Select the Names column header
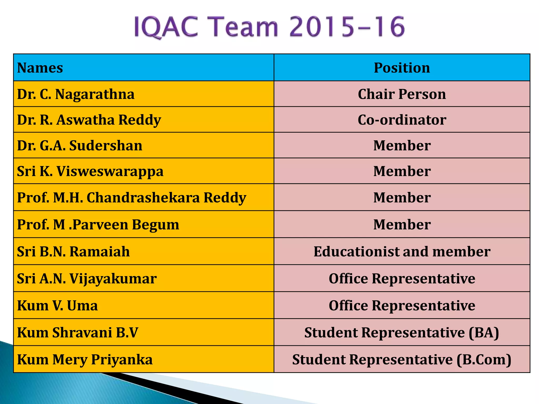click(40, 68)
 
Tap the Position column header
click(402, 68)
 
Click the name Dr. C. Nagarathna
click(76, 94)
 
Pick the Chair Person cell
click(402, 94)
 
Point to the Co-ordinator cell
click(402, 120)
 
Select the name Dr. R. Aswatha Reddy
click(89, 120)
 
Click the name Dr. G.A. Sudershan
click(79, 145)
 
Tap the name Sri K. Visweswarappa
click(90, 171)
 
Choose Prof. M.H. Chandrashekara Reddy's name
click(132, 198)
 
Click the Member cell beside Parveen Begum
click(402, 225)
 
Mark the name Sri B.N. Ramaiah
click(73, 251)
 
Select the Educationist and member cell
click(402, 251)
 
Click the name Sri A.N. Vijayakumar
click(87, 279)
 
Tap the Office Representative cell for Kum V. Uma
click(402, 306)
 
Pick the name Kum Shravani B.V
click(78, 332)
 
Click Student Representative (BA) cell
click(402, 332)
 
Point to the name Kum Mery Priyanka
click(85, 360)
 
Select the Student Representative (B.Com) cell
click(402, 360)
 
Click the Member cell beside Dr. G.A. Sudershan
click(402, 145)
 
